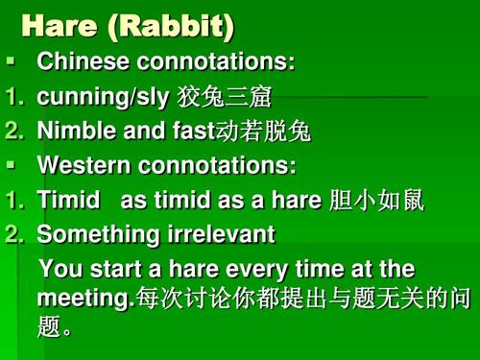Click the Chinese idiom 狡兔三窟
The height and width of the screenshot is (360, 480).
click(x=228, y=97)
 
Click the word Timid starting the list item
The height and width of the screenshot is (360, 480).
click(x=67, y=200)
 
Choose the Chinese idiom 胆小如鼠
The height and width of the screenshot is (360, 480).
click(x=375, y=200)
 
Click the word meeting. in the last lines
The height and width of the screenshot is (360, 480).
click(x=83, y=299)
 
